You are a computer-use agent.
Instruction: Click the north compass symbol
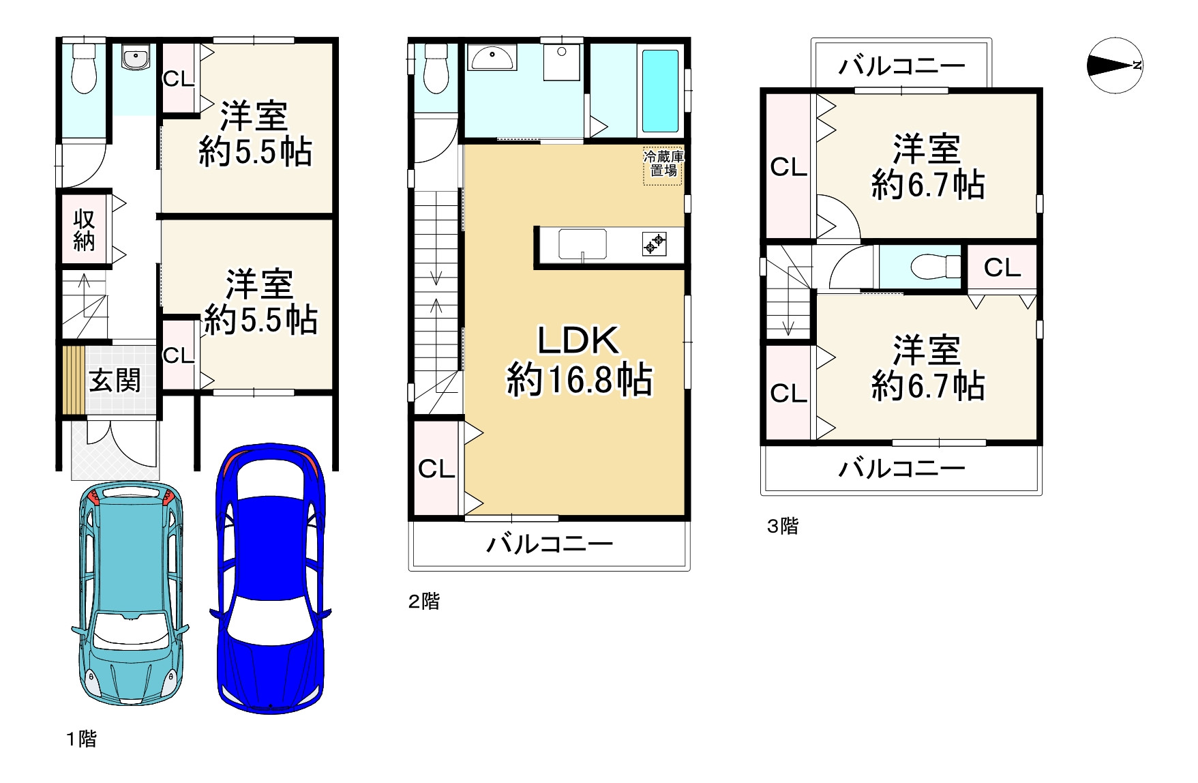pos(1114,65)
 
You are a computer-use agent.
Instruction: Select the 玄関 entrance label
pos(115,381)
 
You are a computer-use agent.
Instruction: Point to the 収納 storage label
pos(84,231)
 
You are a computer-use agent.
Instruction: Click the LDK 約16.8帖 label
pos(579,360)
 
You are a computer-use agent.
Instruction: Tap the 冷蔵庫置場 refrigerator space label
pos(663,164)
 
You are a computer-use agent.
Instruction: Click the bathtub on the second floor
pos(660,90)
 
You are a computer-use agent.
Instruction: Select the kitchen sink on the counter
pos(582,244)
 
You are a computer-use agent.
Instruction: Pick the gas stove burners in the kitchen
pos(654,243)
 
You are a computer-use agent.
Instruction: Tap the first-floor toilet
pos(85,68)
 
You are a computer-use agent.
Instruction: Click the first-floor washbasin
pos(136,57)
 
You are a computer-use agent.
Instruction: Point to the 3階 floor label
pos(782,526)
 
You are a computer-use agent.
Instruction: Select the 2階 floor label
pos(423,601)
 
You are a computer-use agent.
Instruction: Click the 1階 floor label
pos(81,739)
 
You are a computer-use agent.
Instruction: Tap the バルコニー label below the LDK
pos(549,544)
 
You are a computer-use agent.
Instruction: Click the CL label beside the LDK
pos(436,469)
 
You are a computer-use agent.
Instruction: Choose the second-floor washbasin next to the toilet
pos(491,57)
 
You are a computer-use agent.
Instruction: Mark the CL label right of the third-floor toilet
pos(1002,267)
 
